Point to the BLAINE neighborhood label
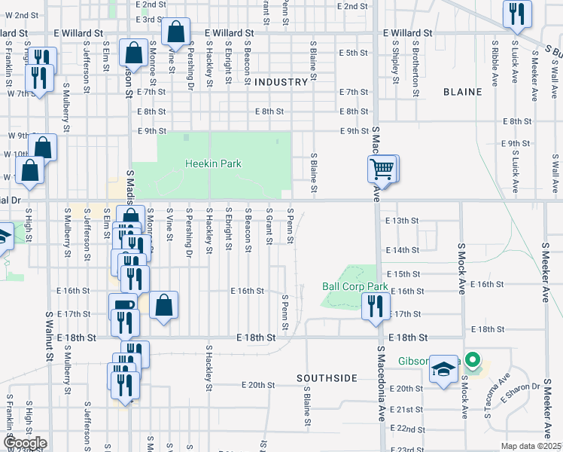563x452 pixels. pos(462,92)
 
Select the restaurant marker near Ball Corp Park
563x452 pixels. pos(374,306)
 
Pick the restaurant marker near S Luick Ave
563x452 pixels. pos(517,14)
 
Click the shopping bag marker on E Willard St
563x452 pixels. pos(175,32)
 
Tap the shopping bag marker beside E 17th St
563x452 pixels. pos(163,305)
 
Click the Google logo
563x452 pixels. pos(25,443)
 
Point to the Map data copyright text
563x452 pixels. pos(531,446)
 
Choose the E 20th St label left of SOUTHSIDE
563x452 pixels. pos(258,384)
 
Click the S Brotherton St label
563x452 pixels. pos(415,70)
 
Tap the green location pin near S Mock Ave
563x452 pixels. pos(473,360)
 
